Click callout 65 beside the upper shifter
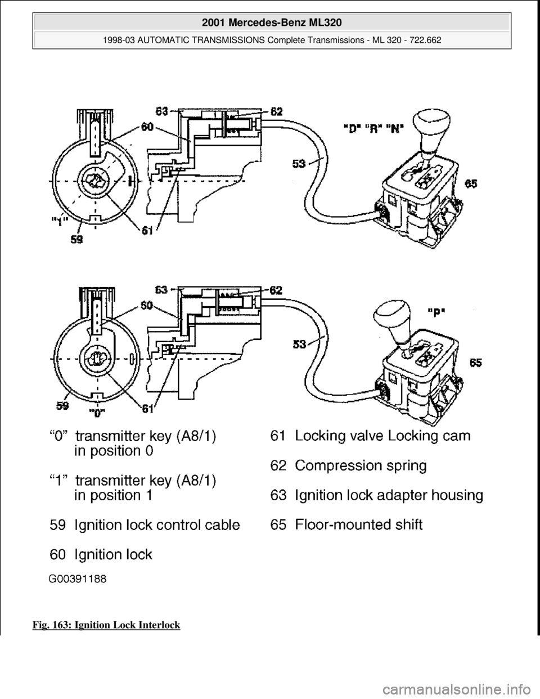pos(472,183)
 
